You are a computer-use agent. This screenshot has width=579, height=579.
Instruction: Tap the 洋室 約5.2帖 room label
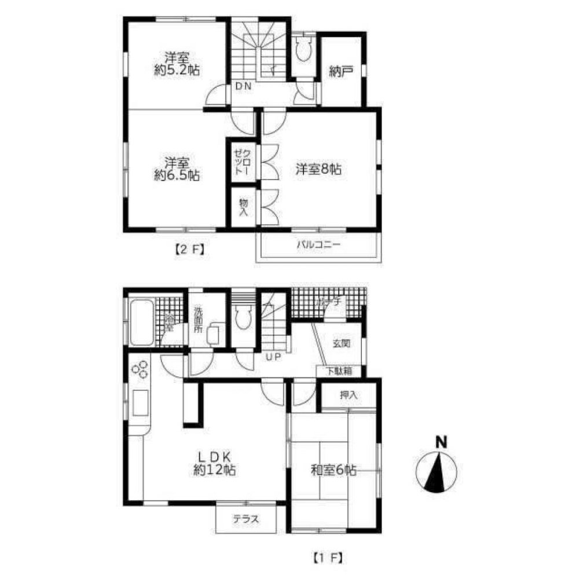tap(177, 64)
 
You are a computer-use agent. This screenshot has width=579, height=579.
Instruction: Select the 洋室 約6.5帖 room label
tap(177, 170)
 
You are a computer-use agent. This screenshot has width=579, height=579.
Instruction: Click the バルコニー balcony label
tap(318, 245)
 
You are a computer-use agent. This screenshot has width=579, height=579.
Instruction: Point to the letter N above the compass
tap(441, 442)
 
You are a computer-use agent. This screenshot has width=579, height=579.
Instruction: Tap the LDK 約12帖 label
tap(214, 464)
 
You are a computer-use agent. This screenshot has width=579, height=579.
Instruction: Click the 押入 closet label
tap(349, 396)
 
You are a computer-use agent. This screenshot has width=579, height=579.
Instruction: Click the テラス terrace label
tap(246, 519)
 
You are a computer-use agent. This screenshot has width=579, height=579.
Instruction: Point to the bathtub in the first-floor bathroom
tap(141, 321)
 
